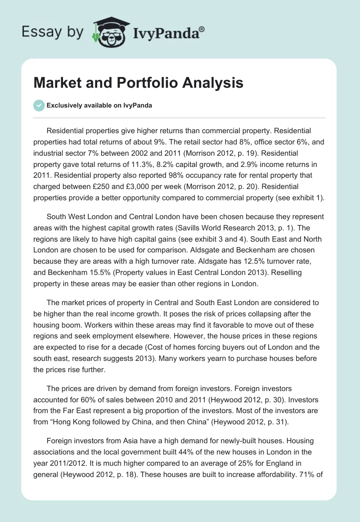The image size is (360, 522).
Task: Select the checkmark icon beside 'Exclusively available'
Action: [39, 105]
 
